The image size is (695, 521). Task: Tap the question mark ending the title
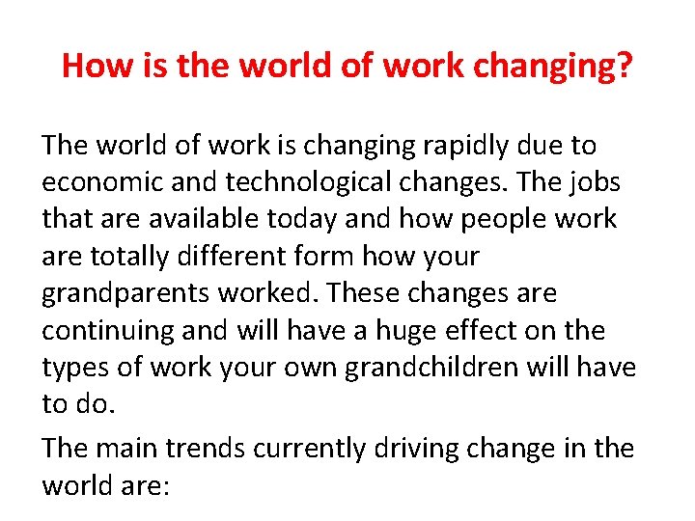(x=625, y=67)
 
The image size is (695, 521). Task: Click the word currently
(x=313, y=449)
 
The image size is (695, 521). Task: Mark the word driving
(x=422, y=449)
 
